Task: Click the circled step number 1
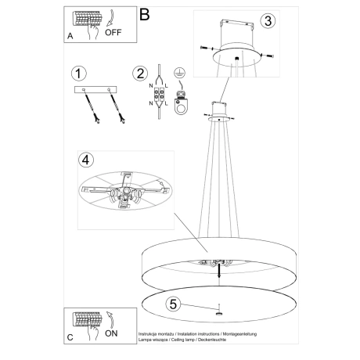[x=77, y=74]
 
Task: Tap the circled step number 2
[x=141, y=74]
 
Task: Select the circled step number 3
[x=268, y=22]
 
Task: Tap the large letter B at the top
[x=143, y=14]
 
